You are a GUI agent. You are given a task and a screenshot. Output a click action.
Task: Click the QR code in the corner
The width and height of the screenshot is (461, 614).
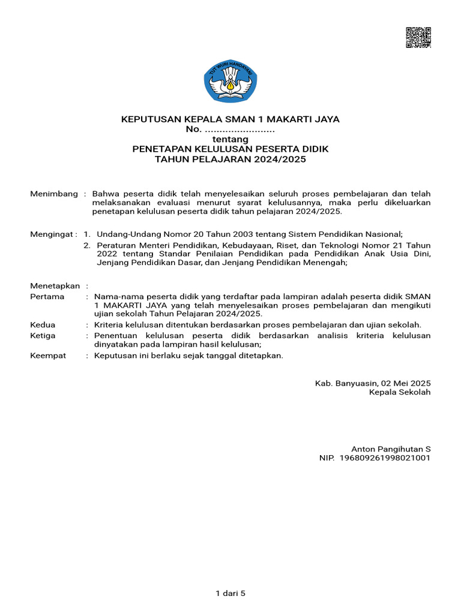(418, 37)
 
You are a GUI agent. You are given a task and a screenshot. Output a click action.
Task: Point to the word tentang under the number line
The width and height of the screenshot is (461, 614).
(230, 139)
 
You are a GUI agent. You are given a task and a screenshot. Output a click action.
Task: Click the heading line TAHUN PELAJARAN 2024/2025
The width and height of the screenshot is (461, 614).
(230, 159)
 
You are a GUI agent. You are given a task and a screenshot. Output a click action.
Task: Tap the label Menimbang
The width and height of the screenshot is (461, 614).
(54, 194)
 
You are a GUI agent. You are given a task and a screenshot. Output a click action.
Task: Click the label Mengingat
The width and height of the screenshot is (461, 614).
(53, 234)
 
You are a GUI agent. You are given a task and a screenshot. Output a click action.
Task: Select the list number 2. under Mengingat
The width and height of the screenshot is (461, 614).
(87, 245)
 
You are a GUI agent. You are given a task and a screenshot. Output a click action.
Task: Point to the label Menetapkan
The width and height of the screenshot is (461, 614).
(55, 286)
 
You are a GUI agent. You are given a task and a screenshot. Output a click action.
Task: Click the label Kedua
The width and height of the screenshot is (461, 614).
(43, 325)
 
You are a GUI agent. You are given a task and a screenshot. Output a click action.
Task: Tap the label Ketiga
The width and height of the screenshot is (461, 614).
(43, 336)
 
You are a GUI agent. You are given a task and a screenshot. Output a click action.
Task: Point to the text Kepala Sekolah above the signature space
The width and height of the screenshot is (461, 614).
(400, 392)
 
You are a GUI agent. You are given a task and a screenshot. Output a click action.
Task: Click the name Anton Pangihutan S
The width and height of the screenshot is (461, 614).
(391, 449)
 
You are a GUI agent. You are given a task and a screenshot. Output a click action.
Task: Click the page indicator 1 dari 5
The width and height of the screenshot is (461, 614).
(230, 594)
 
